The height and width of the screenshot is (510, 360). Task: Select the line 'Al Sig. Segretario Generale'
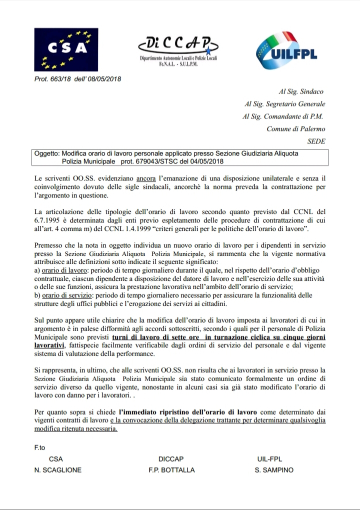coord(284,104)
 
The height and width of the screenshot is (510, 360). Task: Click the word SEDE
coord(315,141)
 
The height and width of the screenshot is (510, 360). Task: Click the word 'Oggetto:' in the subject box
coord(49,154)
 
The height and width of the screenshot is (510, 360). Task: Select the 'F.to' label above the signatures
coord(40,448)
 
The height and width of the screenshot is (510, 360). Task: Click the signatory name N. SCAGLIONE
coord(58,470)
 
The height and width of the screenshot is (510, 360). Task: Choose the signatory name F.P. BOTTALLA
coord(171,470)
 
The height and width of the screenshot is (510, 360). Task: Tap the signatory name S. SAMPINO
coord(274,470)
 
